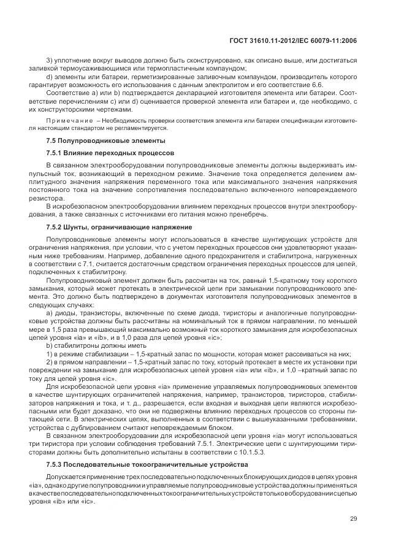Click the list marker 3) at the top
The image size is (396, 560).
point(50,61)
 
